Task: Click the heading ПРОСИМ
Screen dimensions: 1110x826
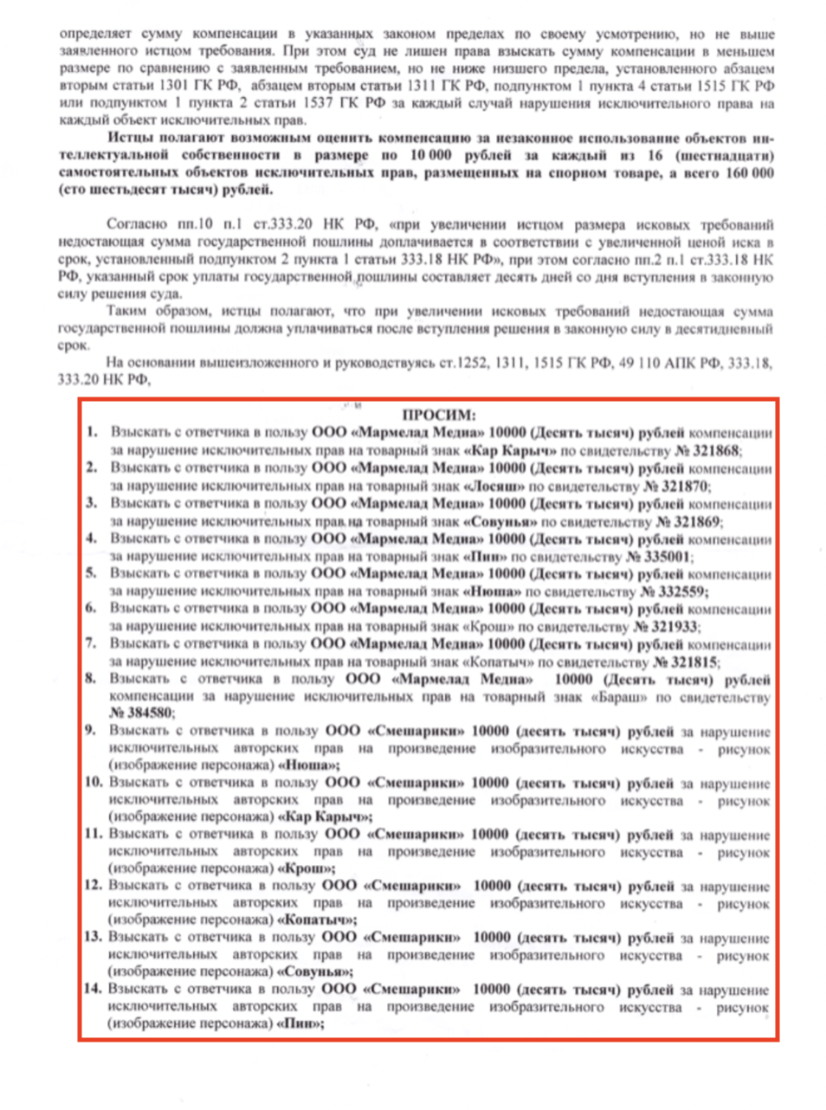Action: (439, 415)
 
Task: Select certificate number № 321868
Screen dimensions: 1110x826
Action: (707, 451)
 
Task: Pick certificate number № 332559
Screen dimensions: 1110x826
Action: (674, 591)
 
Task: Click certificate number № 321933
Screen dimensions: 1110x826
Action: (666, 627)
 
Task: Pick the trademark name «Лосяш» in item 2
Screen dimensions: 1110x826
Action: (494, 487)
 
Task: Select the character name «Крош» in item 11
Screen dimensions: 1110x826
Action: (307, 868)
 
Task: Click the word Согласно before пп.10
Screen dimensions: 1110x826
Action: (138, 225)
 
